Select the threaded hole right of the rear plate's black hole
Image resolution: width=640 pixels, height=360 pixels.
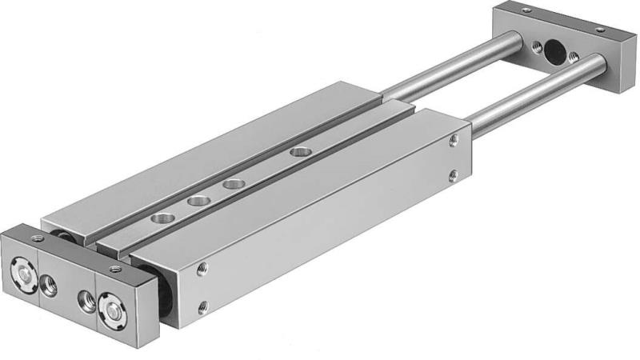click(573, 56)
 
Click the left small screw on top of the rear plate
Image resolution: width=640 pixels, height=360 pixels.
click(526, 10)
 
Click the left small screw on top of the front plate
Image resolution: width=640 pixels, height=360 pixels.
click(36, 238)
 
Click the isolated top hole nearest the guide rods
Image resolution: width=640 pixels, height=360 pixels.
click(299, 150)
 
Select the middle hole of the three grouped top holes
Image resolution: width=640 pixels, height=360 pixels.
click(197, 199)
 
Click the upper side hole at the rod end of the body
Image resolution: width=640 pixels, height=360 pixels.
click(454, 141)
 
